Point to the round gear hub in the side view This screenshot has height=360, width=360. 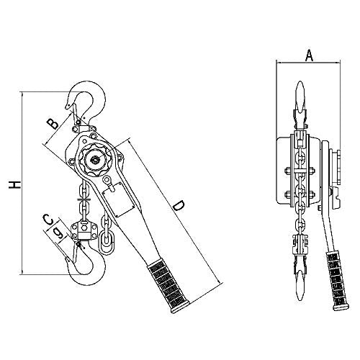tap(96, 156)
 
